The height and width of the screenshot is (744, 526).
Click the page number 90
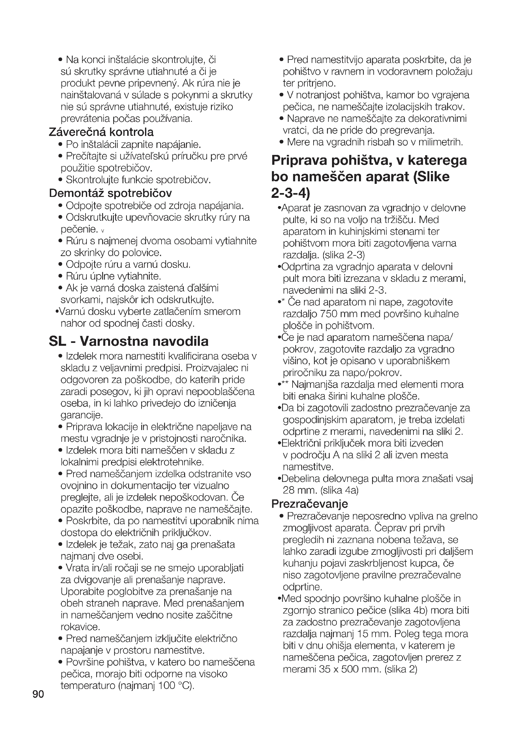tap(38, 694)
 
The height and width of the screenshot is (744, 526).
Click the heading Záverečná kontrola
tap(101, 132)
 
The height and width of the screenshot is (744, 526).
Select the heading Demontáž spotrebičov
tap(110, 193)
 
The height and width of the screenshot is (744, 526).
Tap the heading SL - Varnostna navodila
tap(128, 341)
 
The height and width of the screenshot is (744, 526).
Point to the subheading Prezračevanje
tap(309, 504)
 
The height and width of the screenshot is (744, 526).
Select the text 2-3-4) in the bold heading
tap(291, 193)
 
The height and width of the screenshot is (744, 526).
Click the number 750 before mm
tap(329, 314)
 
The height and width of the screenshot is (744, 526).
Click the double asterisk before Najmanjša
tap(285, 384)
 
